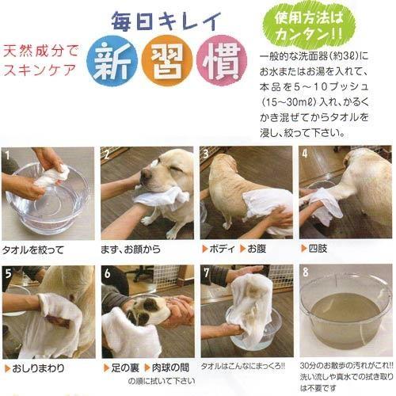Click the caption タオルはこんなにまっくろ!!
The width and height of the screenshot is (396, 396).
click(247, 367)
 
